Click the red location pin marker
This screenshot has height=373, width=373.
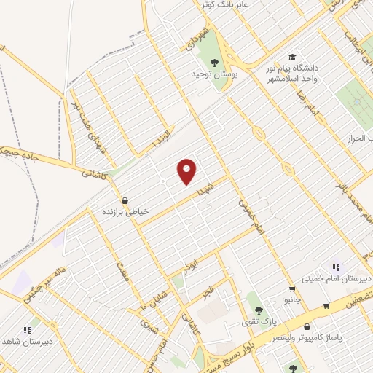coord(188,171)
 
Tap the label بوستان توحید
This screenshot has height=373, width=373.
coord(211,74)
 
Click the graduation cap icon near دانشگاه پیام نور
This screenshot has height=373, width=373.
coord(292,57)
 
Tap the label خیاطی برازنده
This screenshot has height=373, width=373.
coord(125,211)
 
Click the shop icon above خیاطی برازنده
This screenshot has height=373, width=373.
coord(125,200)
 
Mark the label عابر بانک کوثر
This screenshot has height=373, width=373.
coord(226,5)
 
